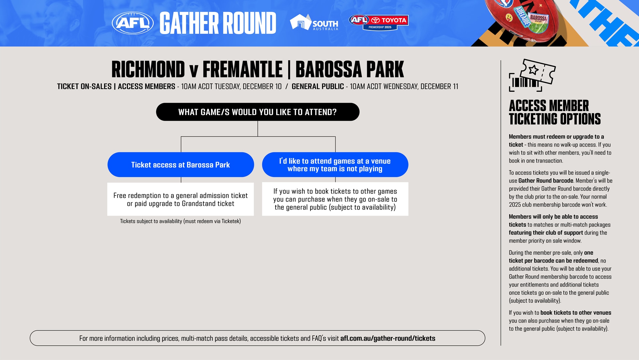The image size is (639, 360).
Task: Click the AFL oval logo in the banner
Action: [x=132, y=23]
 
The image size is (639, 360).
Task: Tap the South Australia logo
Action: [x=314, y=23]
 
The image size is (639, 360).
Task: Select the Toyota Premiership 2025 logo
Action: [x=379, y=22]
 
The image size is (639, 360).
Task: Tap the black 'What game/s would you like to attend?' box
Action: [x=258, y=112]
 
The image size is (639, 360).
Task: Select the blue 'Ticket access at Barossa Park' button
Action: [x=181, y=165]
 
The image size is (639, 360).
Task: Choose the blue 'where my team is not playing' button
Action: [x=335, y=165]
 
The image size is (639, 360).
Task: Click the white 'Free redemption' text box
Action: [x=180, y=199]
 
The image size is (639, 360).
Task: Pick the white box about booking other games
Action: [x=335, y=199]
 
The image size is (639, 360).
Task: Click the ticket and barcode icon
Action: [x=532, y=75]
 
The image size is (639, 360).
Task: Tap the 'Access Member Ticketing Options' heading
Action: [x=554, y=112]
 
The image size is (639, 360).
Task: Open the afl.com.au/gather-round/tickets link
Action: [x=388, y=338]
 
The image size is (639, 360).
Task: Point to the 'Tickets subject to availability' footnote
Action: [x=180, y=221]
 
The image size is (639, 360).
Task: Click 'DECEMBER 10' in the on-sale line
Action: [x=262, y=87]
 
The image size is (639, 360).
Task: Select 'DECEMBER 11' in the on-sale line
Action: [x=439, y=87]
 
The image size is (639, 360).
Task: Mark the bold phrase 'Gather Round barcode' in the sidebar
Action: [x=546, y=181]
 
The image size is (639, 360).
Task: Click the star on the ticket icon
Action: [x=533, y=70]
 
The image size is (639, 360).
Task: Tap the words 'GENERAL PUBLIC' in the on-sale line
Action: [x=318, y=87]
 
